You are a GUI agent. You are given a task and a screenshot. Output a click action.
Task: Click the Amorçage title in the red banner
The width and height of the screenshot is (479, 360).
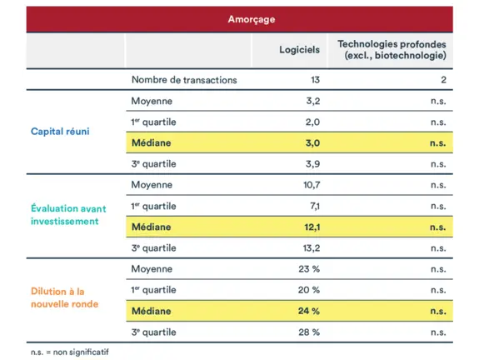[252, 19]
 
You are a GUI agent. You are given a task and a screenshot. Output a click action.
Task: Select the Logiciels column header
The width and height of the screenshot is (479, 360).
[299, 49]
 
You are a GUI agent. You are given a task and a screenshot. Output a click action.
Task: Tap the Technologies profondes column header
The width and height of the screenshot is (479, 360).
[391, 49]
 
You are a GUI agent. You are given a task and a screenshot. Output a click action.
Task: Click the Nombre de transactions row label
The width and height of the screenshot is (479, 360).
[184, 80]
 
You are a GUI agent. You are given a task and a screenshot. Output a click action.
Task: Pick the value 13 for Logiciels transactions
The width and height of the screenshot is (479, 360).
[313, 80]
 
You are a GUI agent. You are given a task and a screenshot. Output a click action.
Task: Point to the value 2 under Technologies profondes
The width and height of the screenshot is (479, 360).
[443, 80]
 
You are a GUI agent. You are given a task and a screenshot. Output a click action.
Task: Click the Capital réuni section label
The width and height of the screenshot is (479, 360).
[60, 132]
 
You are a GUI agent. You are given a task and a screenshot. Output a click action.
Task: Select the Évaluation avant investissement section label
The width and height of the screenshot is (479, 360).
[68, 215]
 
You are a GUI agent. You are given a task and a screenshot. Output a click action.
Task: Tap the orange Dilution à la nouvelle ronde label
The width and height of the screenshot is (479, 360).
[65, 297]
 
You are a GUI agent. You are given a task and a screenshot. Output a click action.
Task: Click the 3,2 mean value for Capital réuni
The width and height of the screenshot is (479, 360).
[312, 101]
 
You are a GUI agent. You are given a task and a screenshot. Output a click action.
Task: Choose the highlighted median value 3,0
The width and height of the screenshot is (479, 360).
[312, 143]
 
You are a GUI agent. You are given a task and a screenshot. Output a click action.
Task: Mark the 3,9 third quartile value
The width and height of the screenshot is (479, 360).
[312, 164]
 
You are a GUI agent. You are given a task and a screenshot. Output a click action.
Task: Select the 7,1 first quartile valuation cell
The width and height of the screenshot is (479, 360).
[312, 206]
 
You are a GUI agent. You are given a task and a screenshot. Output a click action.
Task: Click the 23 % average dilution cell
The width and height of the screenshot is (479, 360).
[309, 269]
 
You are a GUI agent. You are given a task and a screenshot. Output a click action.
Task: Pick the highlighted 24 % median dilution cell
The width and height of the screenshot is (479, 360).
[309, 311]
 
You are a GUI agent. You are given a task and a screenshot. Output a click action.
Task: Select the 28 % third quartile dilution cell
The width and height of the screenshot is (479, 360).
[309, 332]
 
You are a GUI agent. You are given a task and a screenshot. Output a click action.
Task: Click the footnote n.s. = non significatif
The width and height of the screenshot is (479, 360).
[70, 352]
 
